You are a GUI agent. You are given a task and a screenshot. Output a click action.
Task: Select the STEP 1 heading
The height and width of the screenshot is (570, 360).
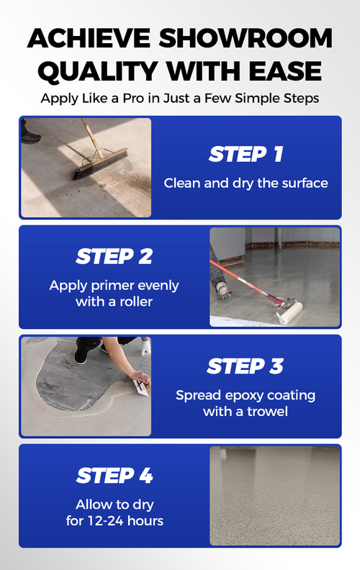click(246, 153)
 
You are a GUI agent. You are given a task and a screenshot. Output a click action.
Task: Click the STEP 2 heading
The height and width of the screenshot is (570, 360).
click(114, 256)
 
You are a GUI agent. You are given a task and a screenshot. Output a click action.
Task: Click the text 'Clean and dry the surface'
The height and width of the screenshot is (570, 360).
click(246, 183)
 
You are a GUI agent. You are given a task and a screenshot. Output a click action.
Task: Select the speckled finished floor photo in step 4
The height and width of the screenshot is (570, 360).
click(274, 495)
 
